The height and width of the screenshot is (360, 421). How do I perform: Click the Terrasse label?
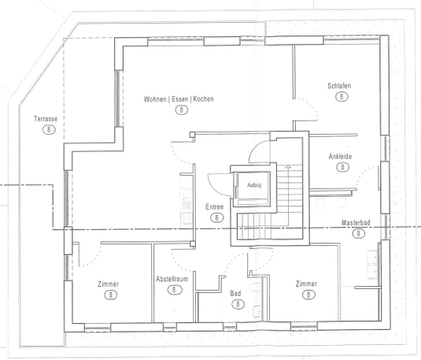[x=46, y=119]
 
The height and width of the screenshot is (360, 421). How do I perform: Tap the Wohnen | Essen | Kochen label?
[x=179, y=99]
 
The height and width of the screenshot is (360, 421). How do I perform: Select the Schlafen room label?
[x=339, y=86]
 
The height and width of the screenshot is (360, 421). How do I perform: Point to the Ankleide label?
[x=340, y=157]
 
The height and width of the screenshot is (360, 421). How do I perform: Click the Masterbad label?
[x=356, y=223]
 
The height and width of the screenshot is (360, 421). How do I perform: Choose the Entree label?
[x=214, y=207]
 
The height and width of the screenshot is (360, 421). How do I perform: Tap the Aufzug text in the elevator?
[x=254, y=185]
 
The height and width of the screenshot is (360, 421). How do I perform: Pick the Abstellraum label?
[x=172, y=279]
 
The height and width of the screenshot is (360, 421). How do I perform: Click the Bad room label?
[x=235, y=294]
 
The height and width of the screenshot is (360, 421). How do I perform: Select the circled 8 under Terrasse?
[x=49, y=130]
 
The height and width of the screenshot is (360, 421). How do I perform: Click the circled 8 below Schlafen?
[x=342, y=97]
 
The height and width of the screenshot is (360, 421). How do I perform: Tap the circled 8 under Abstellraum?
[x=174, y=290]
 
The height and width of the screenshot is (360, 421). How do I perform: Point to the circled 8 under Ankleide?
[x=342, y=167]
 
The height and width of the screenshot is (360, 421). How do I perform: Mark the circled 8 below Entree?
[x=216, y=217]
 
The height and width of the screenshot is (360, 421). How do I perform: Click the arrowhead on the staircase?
[x=288, y=166]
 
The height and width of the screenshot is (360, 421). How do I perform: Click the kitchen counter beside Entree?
[x=186, y=200]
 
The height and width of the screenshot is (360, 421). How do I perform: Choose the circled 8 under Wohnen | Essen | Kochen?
[x=182, y=110]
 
